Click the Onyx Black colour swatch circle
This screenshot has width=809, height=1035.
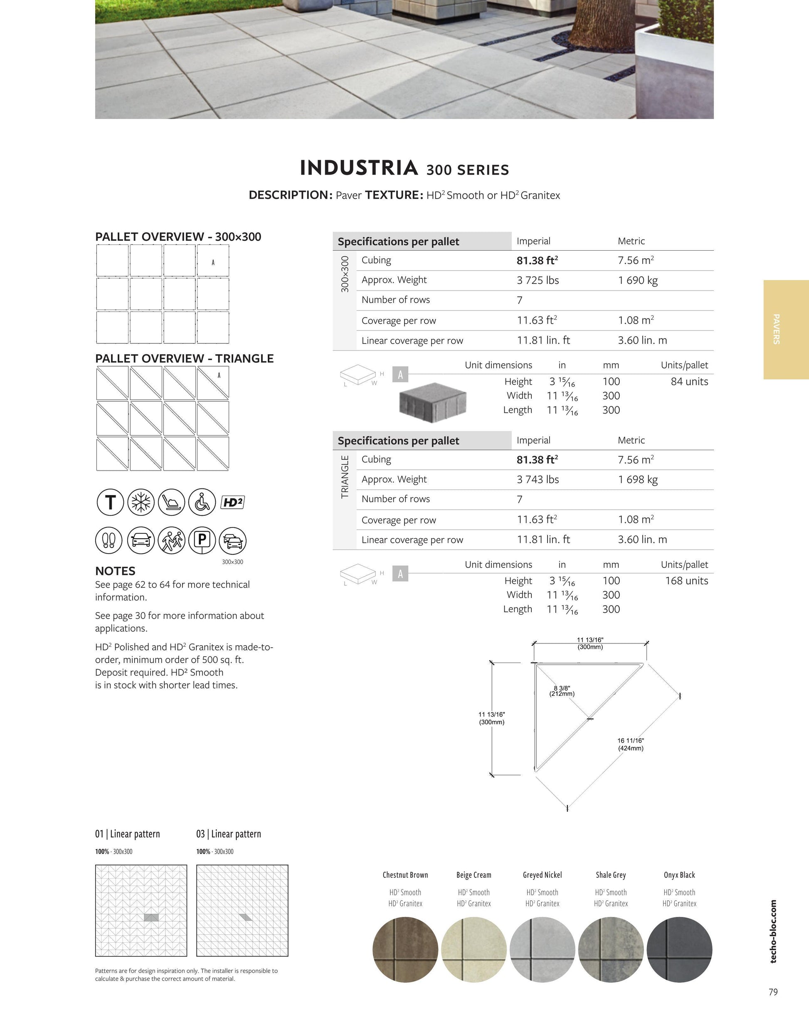(679, 949)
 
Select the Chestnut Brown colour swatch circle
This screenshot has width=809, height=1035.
(405, 949)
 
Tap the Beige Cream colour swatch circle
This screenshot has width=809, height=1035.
(474, 949)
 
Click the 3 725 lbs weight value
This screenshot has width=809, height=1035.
(538, 280)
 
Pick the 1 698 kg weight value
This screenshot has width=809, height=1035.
(637, 480)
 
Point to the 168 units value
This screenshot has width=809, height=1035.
(686, 581)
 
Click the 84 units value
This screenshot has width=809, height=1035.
(689, 382)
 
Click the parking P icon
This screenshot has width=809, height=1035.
(202, 540)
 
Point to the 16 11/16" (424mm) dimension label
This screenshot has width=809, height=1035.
(630, 744)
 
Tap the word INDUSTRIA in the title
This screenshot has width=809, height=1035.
(359, 168)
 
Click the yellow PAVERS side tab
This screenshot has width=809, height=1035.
(785, 329)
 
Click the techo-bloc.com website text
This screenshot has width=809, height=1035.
(773, 931)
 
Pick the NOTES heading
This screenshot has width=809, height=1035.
(115, 571)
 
